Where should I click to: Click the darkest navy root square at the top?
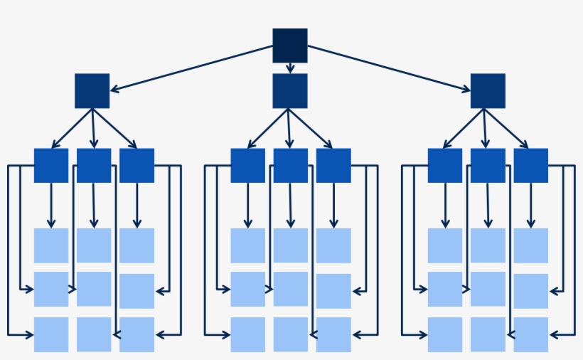[x=290, y=46]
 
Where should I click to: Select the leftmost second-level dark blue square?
[x=92, y=91]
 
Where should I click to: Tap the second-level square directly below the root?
[x=290, y=91]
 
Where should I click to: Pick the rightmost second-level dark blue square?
[x=488, y=91]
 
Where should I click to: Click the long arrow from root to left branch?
[x=192, y=69]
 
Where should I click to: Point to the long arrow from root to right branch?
[x=388, y=69]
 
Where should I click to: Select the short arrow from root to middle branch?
[x=290, y=68]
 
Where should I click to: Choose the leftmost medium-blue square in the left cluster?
[x=51, y=166]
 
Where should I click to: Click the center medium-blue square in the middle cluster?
[x=291, y=166]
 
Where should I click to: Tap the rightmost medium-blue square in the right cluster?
[x=531, y=166]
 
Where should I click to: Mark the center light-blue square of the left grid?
[x=94, y=289]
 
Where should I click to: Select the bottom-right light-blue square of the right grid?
[x=531, y=334]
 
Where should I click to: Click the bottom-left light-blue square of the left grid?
[x=51, y=334]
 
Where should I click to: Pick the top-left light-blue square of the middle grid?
[x=248, y=245]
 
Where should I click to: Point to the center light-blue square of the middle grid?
[x=291, y=289]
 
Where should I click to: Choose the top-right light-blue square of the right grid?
[x=531, y=245]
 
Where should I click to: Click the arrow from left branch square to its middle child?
[x=93, y=128]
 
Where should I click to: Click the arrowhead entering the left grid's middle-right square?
[x=160, y=290]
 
